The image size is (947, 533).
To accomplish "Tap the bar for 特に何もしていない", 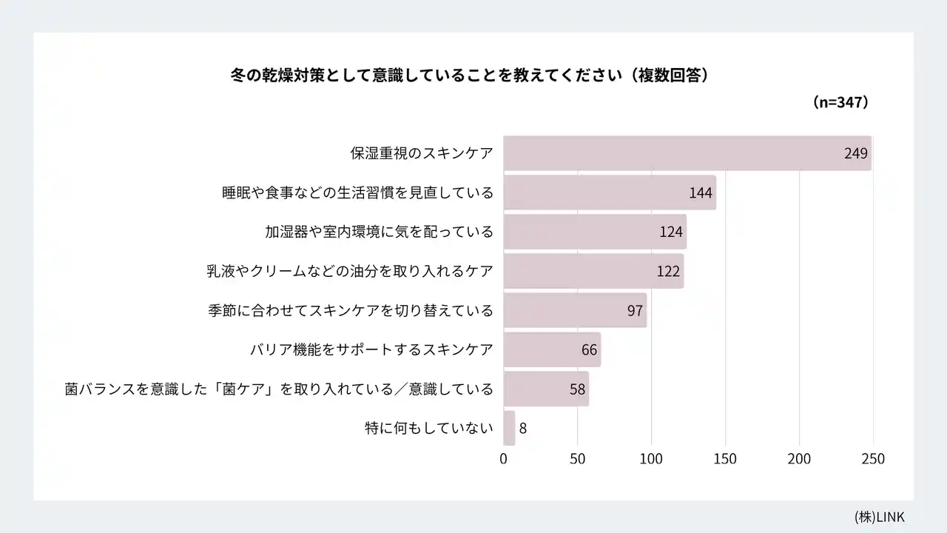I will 509,428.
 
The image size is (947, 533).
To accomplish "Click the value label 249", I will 855,153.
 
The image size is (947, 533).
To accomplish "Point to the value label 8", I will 522,428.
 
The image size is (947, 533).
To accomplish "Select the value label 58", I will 578,389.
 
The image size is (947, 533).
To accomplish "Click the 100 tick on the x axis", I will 651,459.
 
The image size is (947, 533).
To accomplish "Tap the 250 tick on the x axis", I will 873,459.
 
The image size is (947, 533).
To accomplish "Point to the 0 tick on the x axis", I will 504,459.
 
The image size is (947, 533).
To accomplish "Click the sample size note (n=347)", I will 840,102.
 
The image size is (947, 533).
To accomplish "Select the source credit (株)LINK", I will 879,517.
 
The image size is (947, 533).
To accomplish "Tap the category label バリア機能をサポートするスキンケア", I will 371,349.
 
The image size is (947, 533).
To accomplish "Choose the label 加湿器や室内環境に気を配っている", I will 379,232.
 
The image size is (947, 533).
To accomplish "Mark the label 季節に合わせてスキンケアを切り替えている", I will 351,310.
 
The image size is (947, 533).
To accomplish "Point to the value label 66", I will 589,349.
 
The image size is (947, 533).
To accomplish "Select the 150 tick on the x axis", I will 725,459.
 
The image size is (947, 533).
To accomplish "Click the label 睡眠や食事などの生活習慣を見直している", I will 357,192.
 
